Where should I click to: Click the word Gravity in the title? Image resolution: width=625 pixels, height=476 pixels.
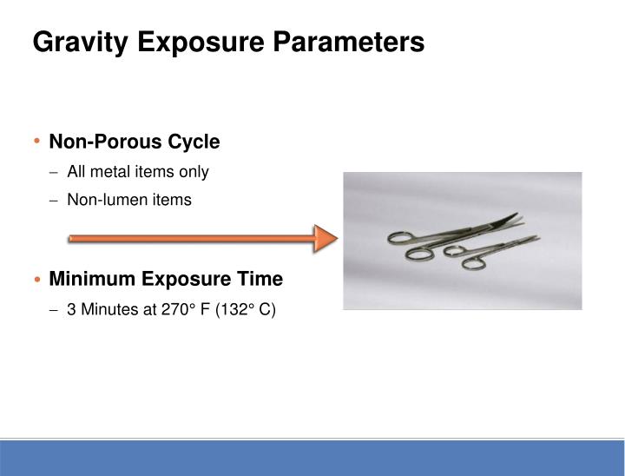(77, 42)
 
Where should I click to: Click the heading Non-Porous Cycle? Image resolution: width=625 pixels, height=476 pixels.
(135, 142)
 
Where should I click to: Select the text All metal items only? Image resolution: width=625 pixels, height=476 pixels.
(138, 172)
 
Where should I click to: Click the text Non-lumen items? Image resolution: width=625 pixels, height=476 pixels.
(129, 200)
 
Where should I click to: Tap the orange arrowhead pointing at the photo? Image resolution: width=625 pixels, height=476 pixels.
(326, 238)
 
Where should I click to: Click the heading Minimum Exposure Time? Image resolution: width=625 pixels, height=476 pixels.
(166, 279)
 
